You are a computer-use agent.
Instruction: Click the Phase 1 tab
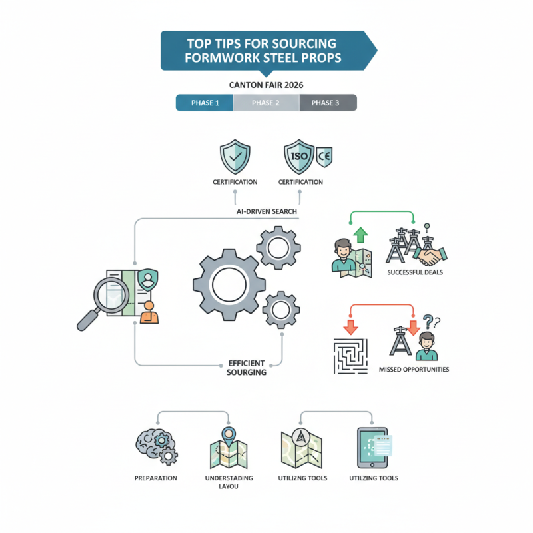tap(204, 103)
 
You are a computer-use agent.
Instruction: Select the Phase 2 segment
tap(266, 103)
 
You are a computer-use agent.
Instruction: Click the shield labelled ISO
tap(298, 157)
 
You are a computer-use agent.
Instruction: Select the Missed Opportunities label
tap(414, 369)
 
